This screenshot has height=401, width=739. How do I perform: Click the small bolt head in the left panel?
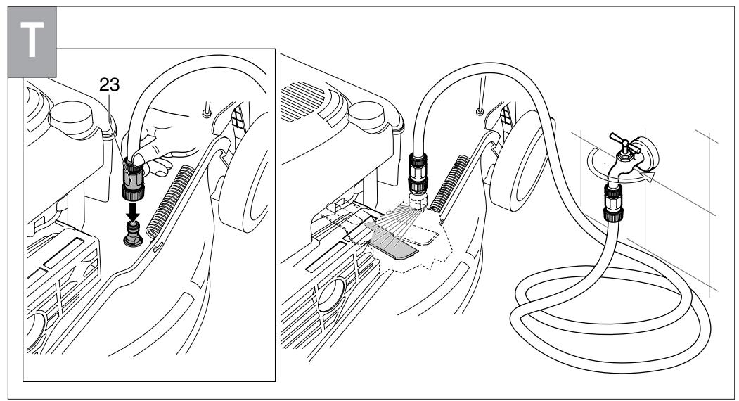(205, 110)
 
